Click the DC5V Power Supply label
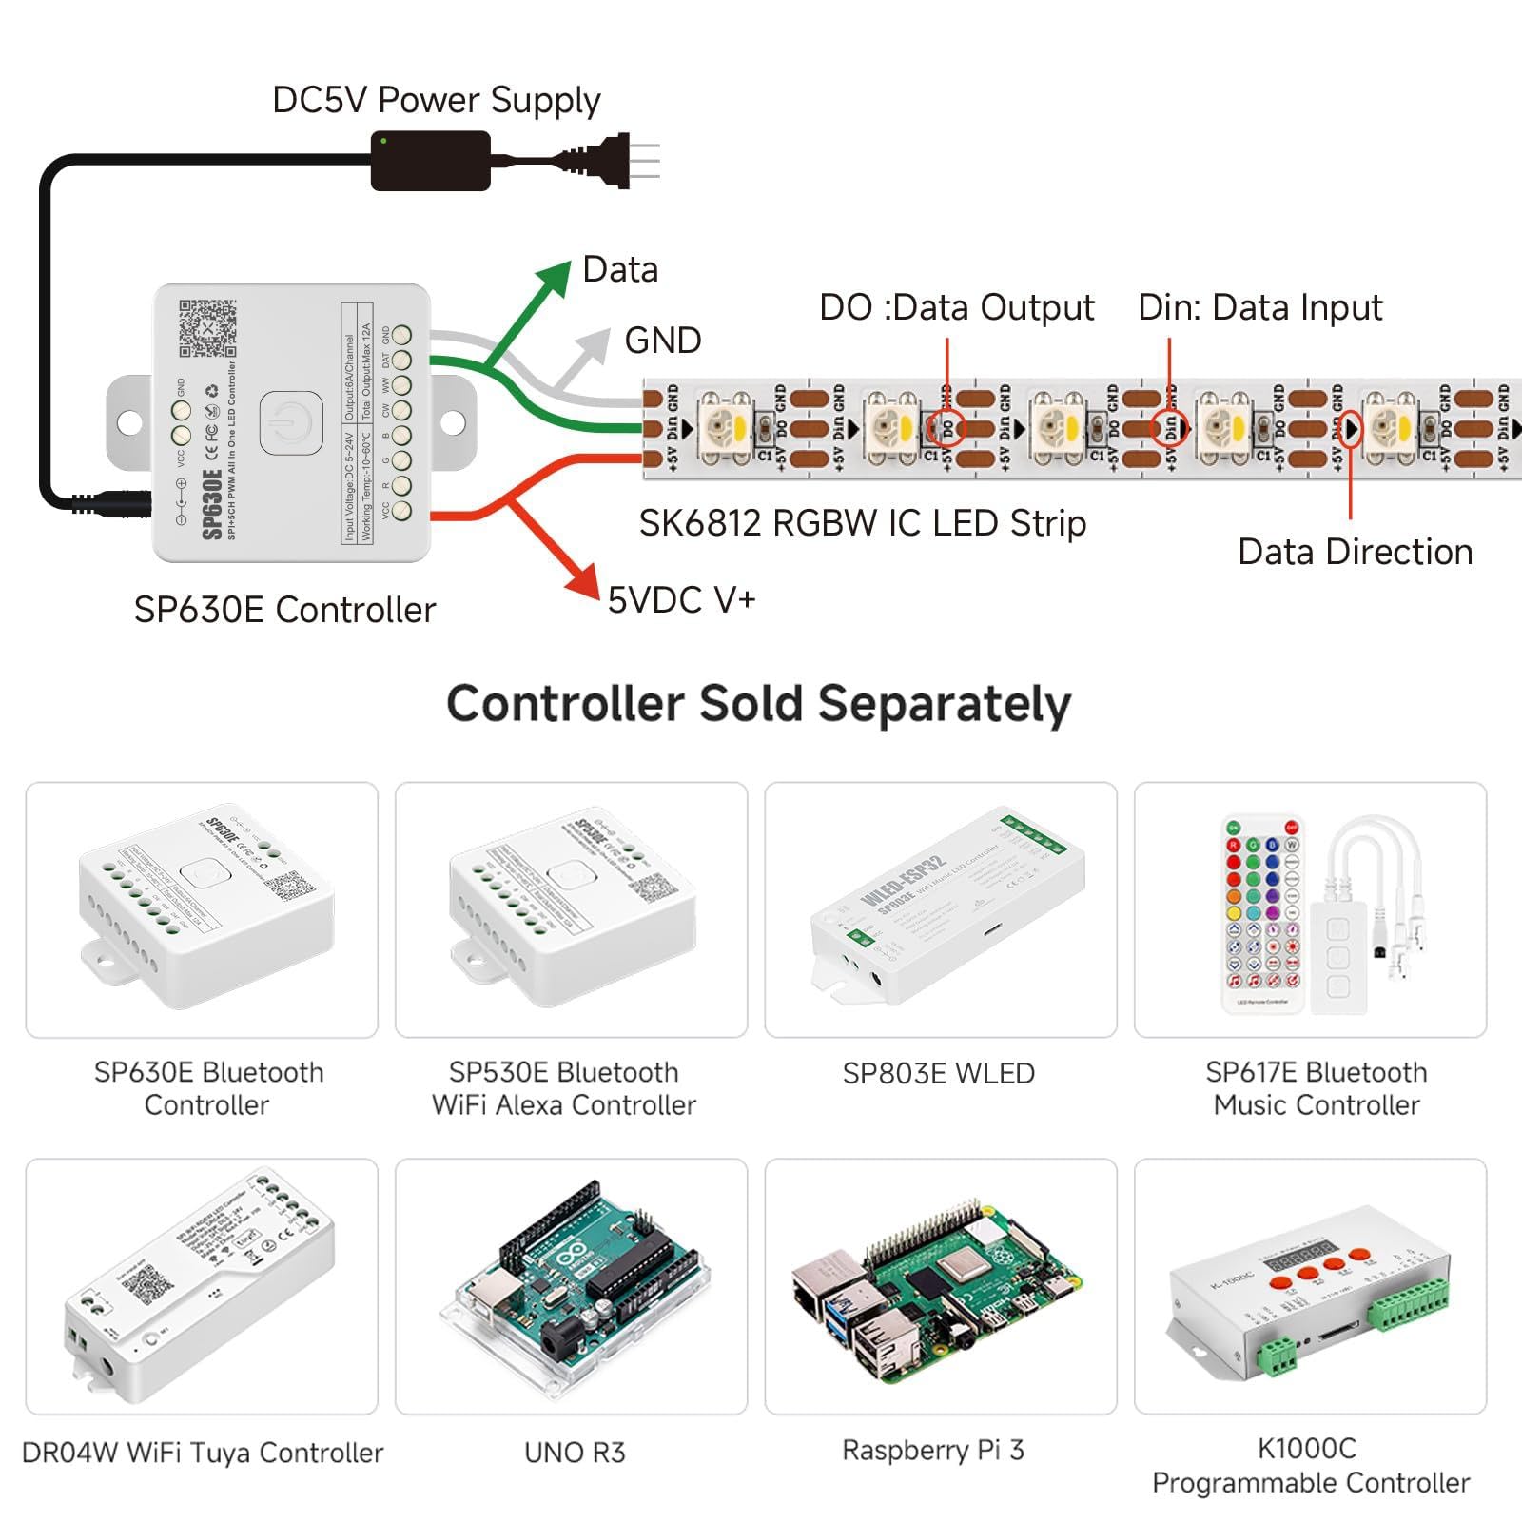(436, 101)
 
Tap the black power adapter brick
(430, 161)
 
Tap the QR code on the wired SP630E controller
(207, 328)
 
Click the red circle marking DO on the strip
(946, 428)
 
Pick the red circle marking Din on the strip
(1169, 427)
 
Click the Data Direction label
(1355, 553)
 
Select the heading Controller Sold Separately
(759, 705)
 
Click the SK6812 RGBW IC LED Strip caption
(862, 524)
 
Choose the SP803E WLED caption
(938, 1074)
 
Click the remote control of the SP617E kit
(1263, 913)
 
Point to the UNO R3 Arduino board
(576, 1284)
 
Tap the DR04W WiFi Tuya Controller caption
(202, 1453)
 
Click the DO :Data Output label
(957, 308)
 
